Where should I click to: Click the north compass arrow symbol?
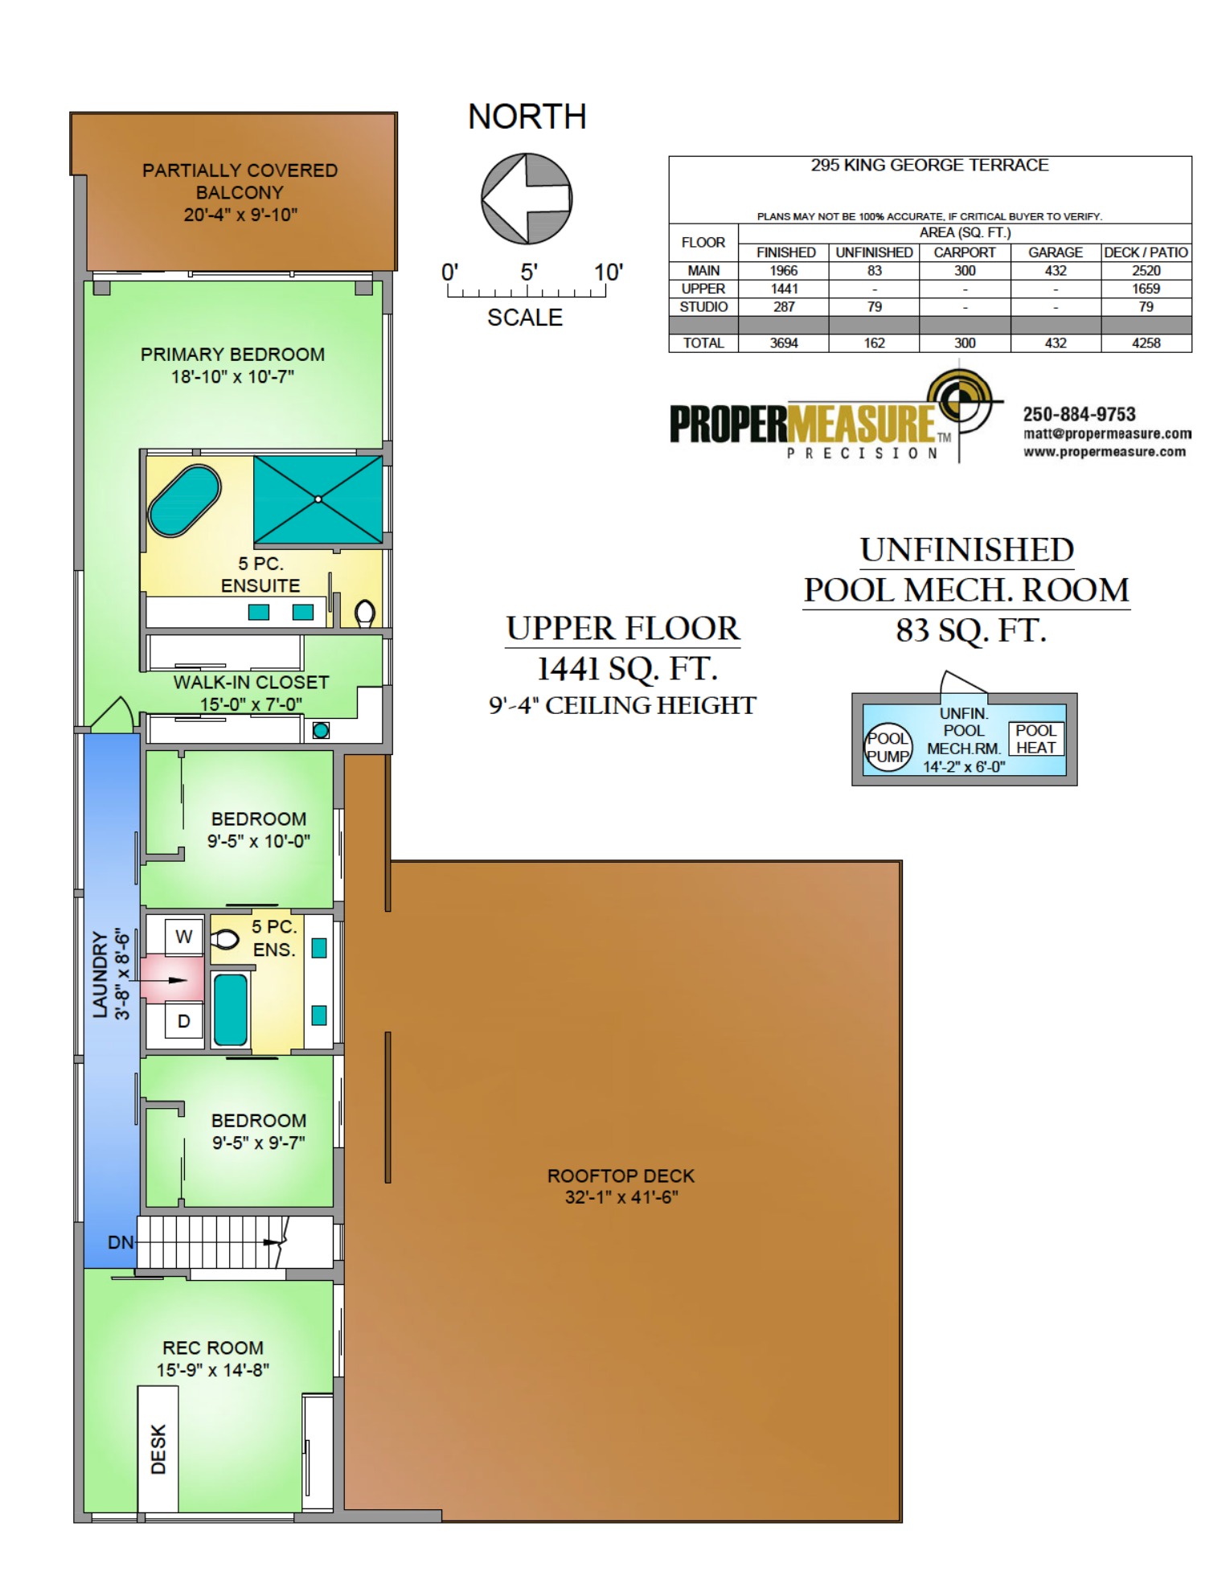[x=527, y=199]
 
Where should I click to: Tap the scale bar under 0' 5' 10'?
[x=527, y=293]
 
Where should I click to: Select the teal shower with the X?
[x=318, y=499]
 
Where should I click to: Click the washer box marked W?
[x=184, y=937]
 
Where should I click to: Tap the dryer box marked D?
[x=184, y=1021]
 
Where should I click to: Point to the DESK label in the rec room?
[x=158, y=1450]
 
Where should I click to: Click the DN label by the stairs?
[x=121, y=1242]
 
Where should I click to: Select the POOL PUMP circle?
[x=888, y=748]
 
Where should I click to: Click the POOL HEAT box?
[x=1035, y=739]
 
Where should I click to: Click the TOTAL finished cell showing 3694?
[x=784, y=343]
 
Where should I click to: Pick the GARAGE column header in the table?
[x=1055, y=252]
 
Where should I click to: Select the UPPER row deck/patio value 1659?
[x=1146, y=289]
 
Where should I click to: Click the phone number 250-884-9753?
[x=1079, y=415]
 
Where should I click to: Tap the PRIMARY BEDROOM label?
[x=232, y=355]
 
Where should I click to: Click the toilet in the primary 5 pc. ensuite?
[x=365, y=613]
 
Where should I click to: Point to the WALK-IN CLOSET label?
[x=251, y=683]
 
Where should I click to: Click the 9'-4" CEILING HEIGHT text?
[x=622, y=706]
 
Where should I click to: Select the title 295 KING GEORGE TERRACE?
[x=929, y=165]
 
